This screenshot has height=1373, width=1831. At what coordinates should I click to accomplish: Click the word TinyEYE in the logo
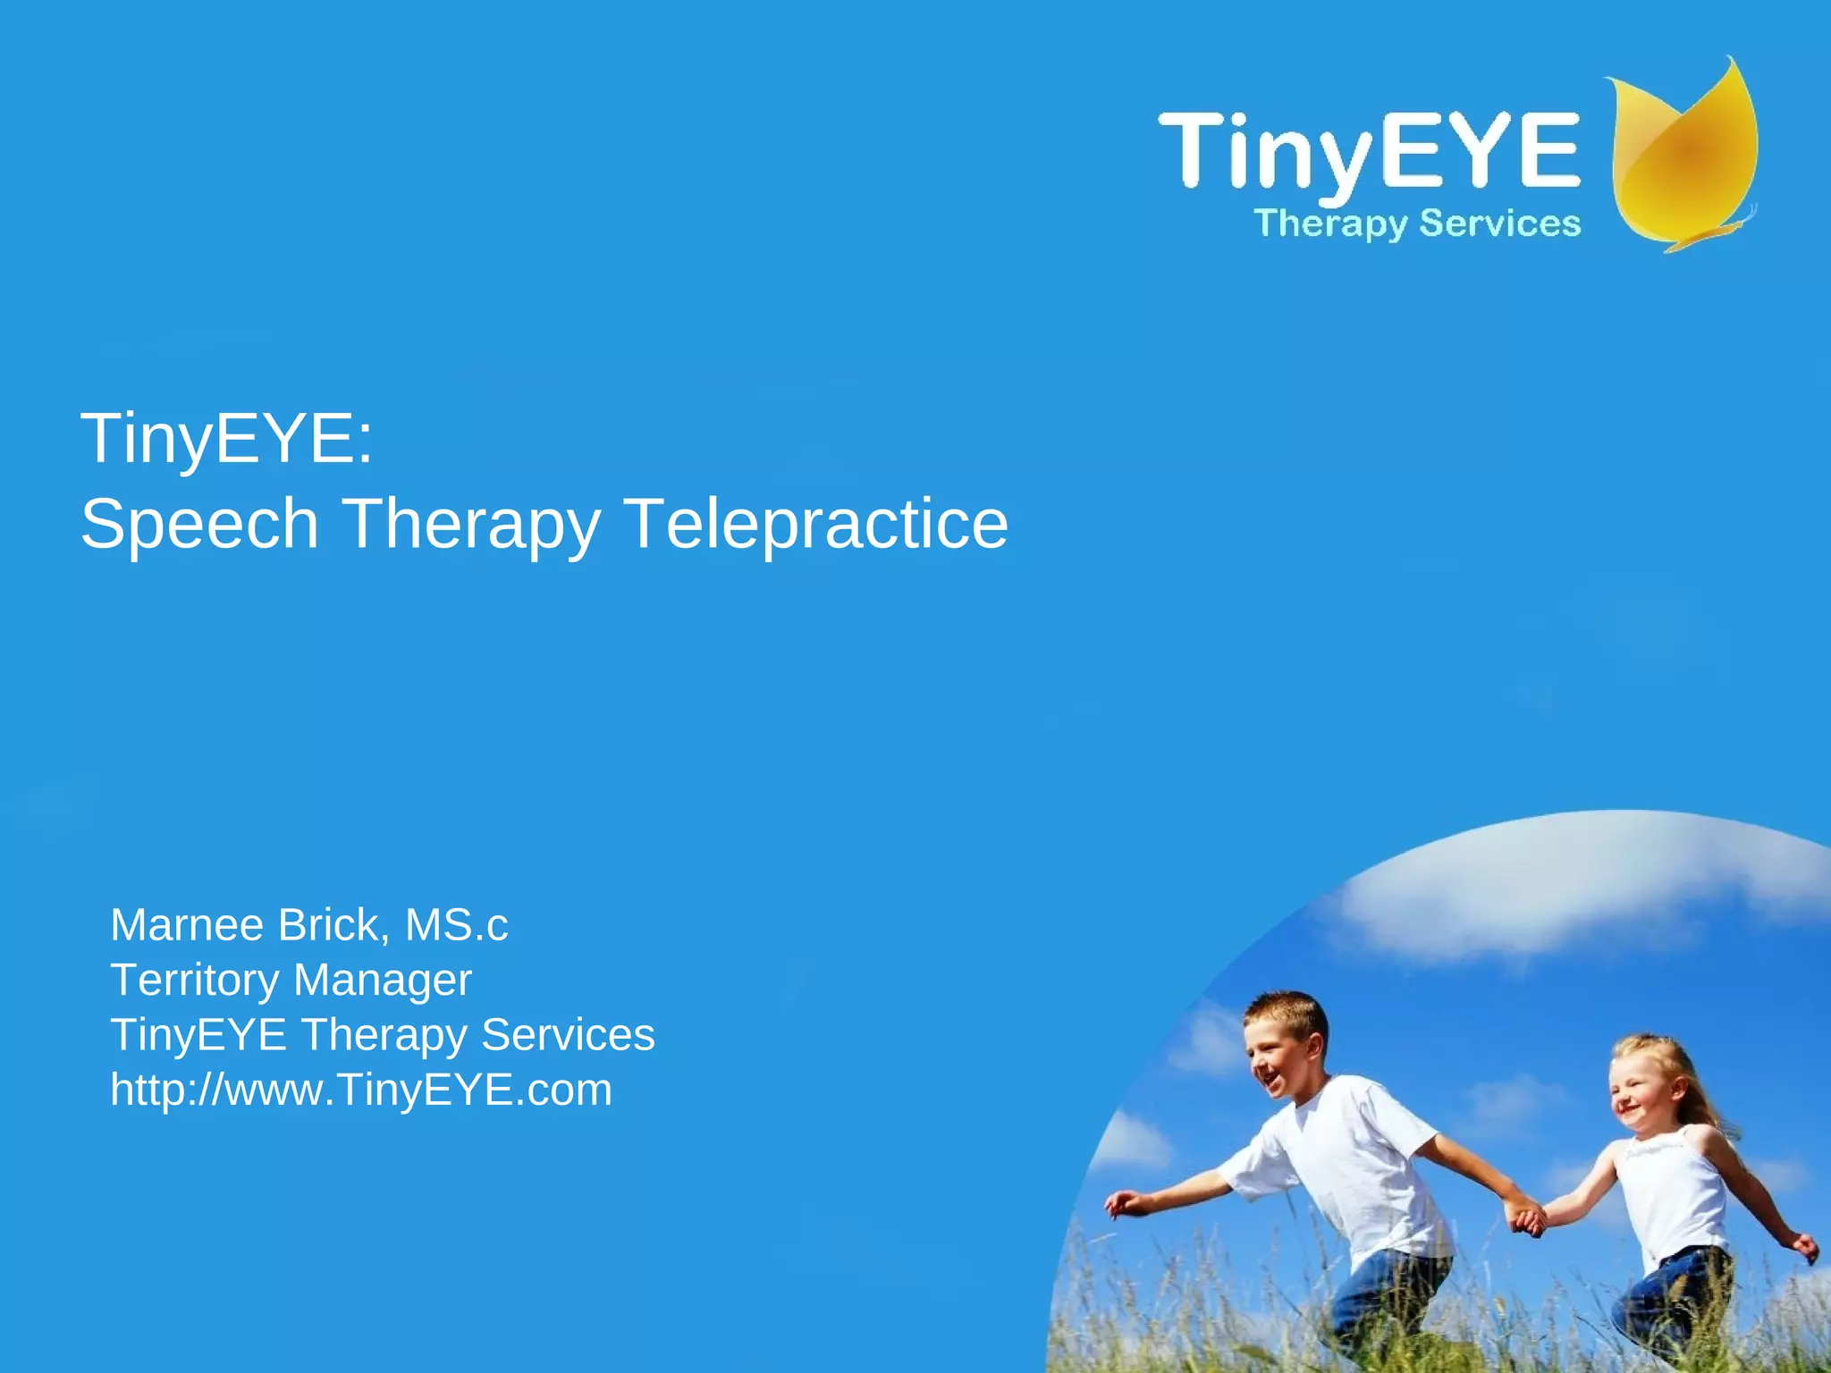(1368, 150)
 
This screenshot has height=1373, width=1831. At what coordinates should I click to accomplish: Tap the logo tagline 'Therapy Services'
(1417, 223)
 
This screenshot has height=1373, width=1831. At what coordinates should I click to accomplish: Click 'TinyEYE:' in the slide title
(227, 439)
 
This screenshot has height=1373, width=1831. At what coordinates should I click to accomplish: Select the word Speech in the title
(199, 524)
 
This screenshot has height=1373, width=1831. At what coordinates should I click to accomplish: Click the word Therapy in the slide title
(471, 524)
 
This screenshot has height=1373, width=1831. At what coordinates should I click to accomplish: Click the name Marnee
(187, 925)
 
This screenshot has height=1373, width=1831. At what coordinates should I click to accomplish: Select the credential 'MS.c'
(456, 925)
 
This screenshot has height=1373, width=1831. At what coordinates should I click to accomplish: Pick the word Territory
(194, 981)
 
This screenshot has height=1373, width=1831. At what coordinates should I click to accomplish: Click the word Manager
(382, 981)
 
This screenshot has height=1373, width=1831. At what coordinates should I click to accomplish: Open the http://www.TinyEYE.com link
(361, 1091)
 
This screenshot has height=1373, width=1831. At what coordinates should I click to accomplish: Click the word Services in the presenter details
(568, 1035)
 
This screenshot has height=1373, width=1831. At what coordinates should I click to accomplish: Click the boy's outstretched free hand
(1119, 1205)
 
